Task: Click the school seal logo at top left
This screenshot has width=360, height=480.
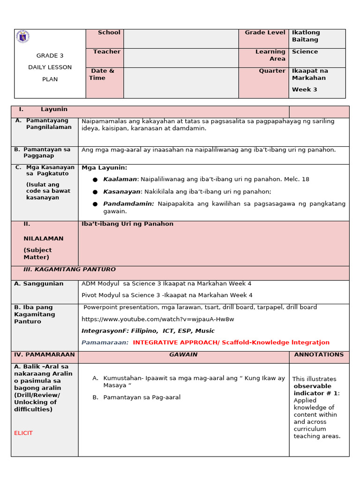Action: point(22,37)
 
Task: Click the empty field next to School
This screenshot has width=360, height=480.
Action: point(181,38)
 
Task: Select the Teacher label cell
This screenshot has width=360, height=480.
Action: point(105,57)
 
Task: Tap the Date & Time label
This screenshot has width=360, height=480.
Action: point(103,75)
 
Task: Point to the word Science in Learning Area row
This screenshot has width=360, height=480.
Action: point(305,52)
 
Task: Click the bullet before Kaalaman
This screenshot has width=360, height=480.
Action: point(95,180)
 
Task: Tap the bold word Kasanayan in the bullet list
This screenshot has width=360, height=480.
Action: point(121,192)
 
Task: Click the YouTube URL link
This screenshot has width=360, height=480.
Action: point(157,319)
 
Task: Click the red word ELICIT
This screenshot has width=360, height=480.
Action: point(23,433)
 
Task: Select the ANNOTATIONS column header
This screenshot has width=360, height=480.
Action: point(319,355)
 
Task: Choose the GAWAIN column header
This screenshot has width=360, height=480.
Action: point(183,355)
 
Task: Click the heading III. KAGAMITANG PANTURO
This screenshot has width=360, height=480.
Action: point(69,270)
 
